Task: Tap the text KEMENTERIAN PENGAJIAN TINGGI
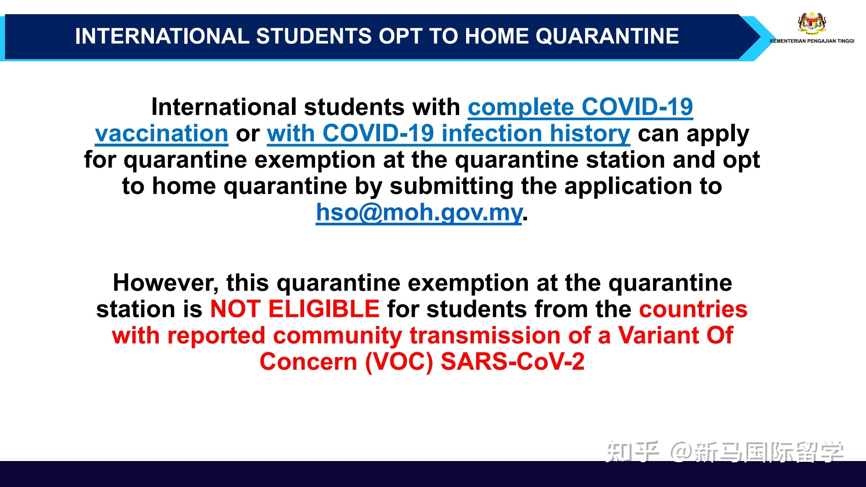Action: pyautogui.click(x=812, y=41)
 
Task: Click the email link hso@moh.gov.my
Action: pyautogui.click(x=419, y=212)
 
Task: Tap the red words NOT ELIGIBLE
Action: pyautogui.click(x=295, y=309)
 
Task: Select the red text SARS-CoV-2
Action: pyautogui.click(x=512, y=362)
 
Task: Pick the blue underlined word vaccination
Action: pyautogui.click(x=162, y=134)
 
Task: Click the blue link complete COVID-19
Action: pyautogui.click(x=580, y=107)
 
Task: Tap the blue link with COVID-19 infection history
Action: pyautogui.click(x=448, y=134)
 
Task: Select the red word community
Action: pyautogui.click(x=337, y=336)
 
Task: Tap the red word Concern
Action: pyautogui.click(x=308, y=362)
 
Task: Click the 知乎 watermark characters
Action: pyautogui.click(x=632, y=452)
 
